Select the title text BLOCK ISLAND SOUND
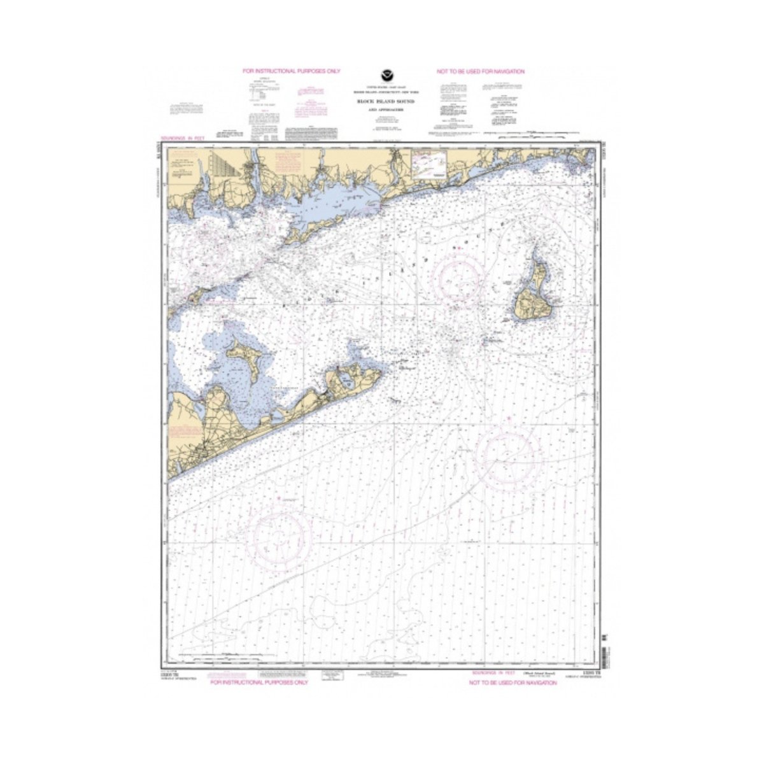point(382,101)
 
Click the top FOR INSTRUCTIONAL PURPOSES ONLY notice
point(283,71)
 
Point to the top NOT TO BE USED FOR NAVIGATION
point(481,71)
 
